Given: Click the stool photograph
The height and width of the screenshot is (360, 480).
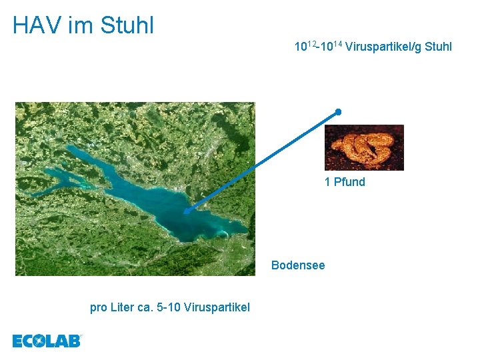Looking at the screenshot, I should coord(364,147).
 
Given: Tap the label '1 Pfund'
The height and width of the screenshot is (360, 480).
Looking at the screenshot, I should coord(345,182).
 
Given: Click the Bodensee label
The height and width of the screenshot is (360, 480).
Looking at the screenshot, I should coord(298,265).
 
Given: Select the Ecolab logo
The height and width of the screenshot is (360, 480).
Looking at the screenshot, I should coord(47,341).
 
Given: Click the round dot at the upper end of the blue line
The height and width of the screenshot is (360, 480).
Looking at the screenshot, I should coord(339,111).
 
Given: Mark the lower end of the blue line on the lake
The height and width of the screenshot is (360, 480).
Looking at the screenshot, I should coord(186,211).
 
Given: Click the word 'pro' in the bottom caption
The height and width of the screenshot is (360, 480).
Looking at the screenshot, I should coord(99,307).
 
